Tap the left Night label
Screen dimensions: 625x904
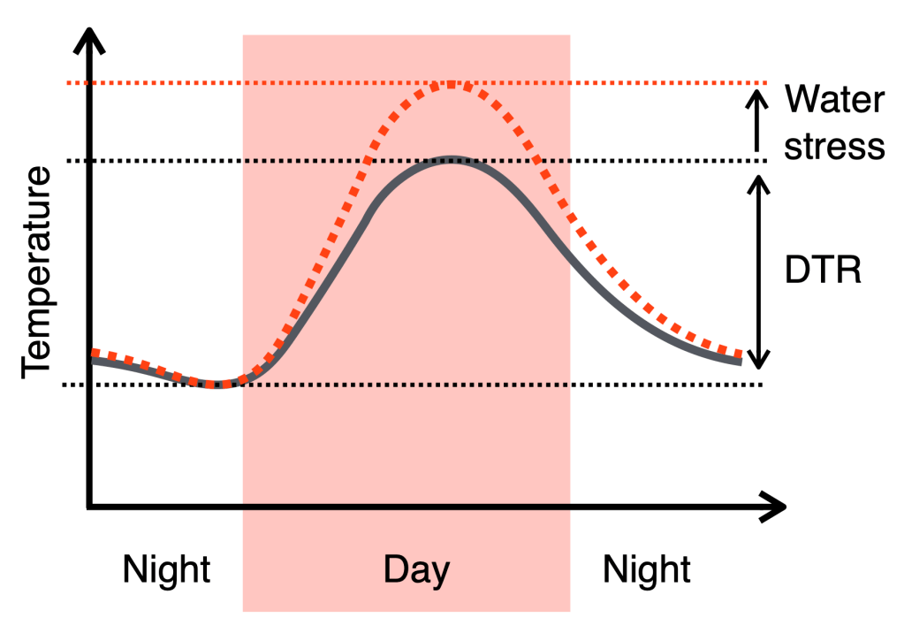click(167, 569)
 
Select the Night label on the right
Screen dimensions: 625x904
click(647, 569)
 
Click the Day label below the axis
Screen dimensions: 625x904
click(416, 569)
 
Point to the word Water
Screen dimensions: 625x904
click(834, 100)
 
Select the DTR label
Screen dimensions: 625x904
click(822, 271)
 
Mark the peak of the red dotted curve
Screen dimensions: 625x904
click(451, 85)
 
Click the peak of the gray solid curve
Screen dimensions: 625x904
click(451, 160)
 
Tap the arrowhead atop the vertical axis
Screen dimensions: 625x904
click(89, 38)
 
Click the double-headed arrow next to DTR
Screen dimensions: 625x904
click(756, 271)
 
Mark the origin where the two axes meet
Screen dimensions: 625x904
click(89, 507)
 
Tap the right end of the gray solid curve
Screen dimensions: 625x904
click(738, 361)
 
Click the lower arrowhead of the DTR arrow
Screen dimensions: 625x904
click(756, 361)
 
